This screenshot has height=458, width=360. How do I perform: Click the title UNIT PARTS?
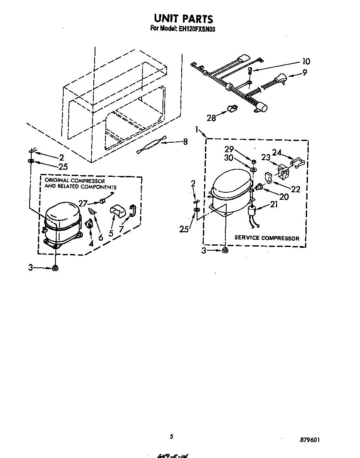click(183, 19)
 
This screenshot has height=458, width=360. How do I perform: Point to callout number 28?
click(212, 118)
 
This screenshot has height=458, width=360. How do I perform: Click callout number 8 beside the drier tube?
click(185, 142)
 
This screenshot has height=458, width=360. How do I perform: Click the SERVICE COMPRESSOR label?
click(267, 238)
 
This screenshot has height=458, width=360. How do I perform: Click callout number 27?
click(83, 204)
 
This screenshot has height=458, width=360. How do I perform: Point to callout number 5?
click(111, 233)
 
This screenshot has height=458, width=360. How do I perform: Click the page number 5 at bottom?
click(171, 436)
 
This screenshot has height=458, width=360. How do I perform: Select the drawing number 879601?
click(310, 440)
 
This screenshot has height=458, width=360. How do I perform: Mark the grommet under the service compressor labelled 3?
click(225, 250)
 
